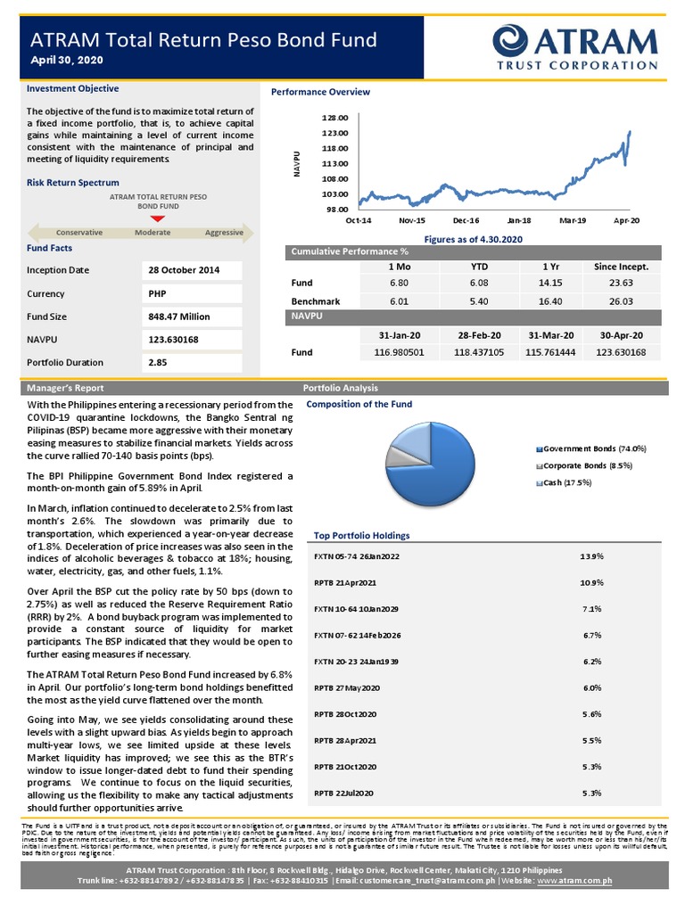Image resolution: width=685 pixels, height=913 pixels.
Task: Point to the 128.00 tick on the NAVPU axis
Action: tap(335, 118)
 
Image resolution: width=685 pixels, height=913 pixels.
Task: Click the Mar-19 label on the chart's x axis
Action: tap(571, 219)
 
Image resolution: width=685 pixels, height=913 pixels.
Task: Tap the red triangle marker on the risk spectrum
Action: tap(157, 218)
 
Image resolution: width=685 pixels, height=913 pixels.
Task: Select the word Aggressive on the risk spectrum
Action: tap(224, 233)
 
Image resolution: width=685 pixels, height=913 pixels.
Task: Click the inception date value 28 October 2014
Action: tap(183, 270)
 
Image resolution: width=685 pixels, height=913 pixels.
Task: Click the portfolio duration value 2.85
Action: tap(159, 363)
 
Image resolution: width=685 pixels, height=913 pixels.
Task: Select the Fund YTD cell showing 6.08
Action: tap(478, 284)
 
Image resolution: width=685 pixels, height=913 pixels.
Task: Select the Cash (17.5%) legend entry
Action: tap(566, 482)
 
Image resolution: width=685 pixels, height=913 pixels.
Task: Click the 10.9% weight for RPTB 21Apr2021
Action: tap(590, 582)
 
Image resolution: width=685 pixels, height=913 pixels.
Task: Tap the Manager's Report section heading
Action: tap(65, 389)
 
